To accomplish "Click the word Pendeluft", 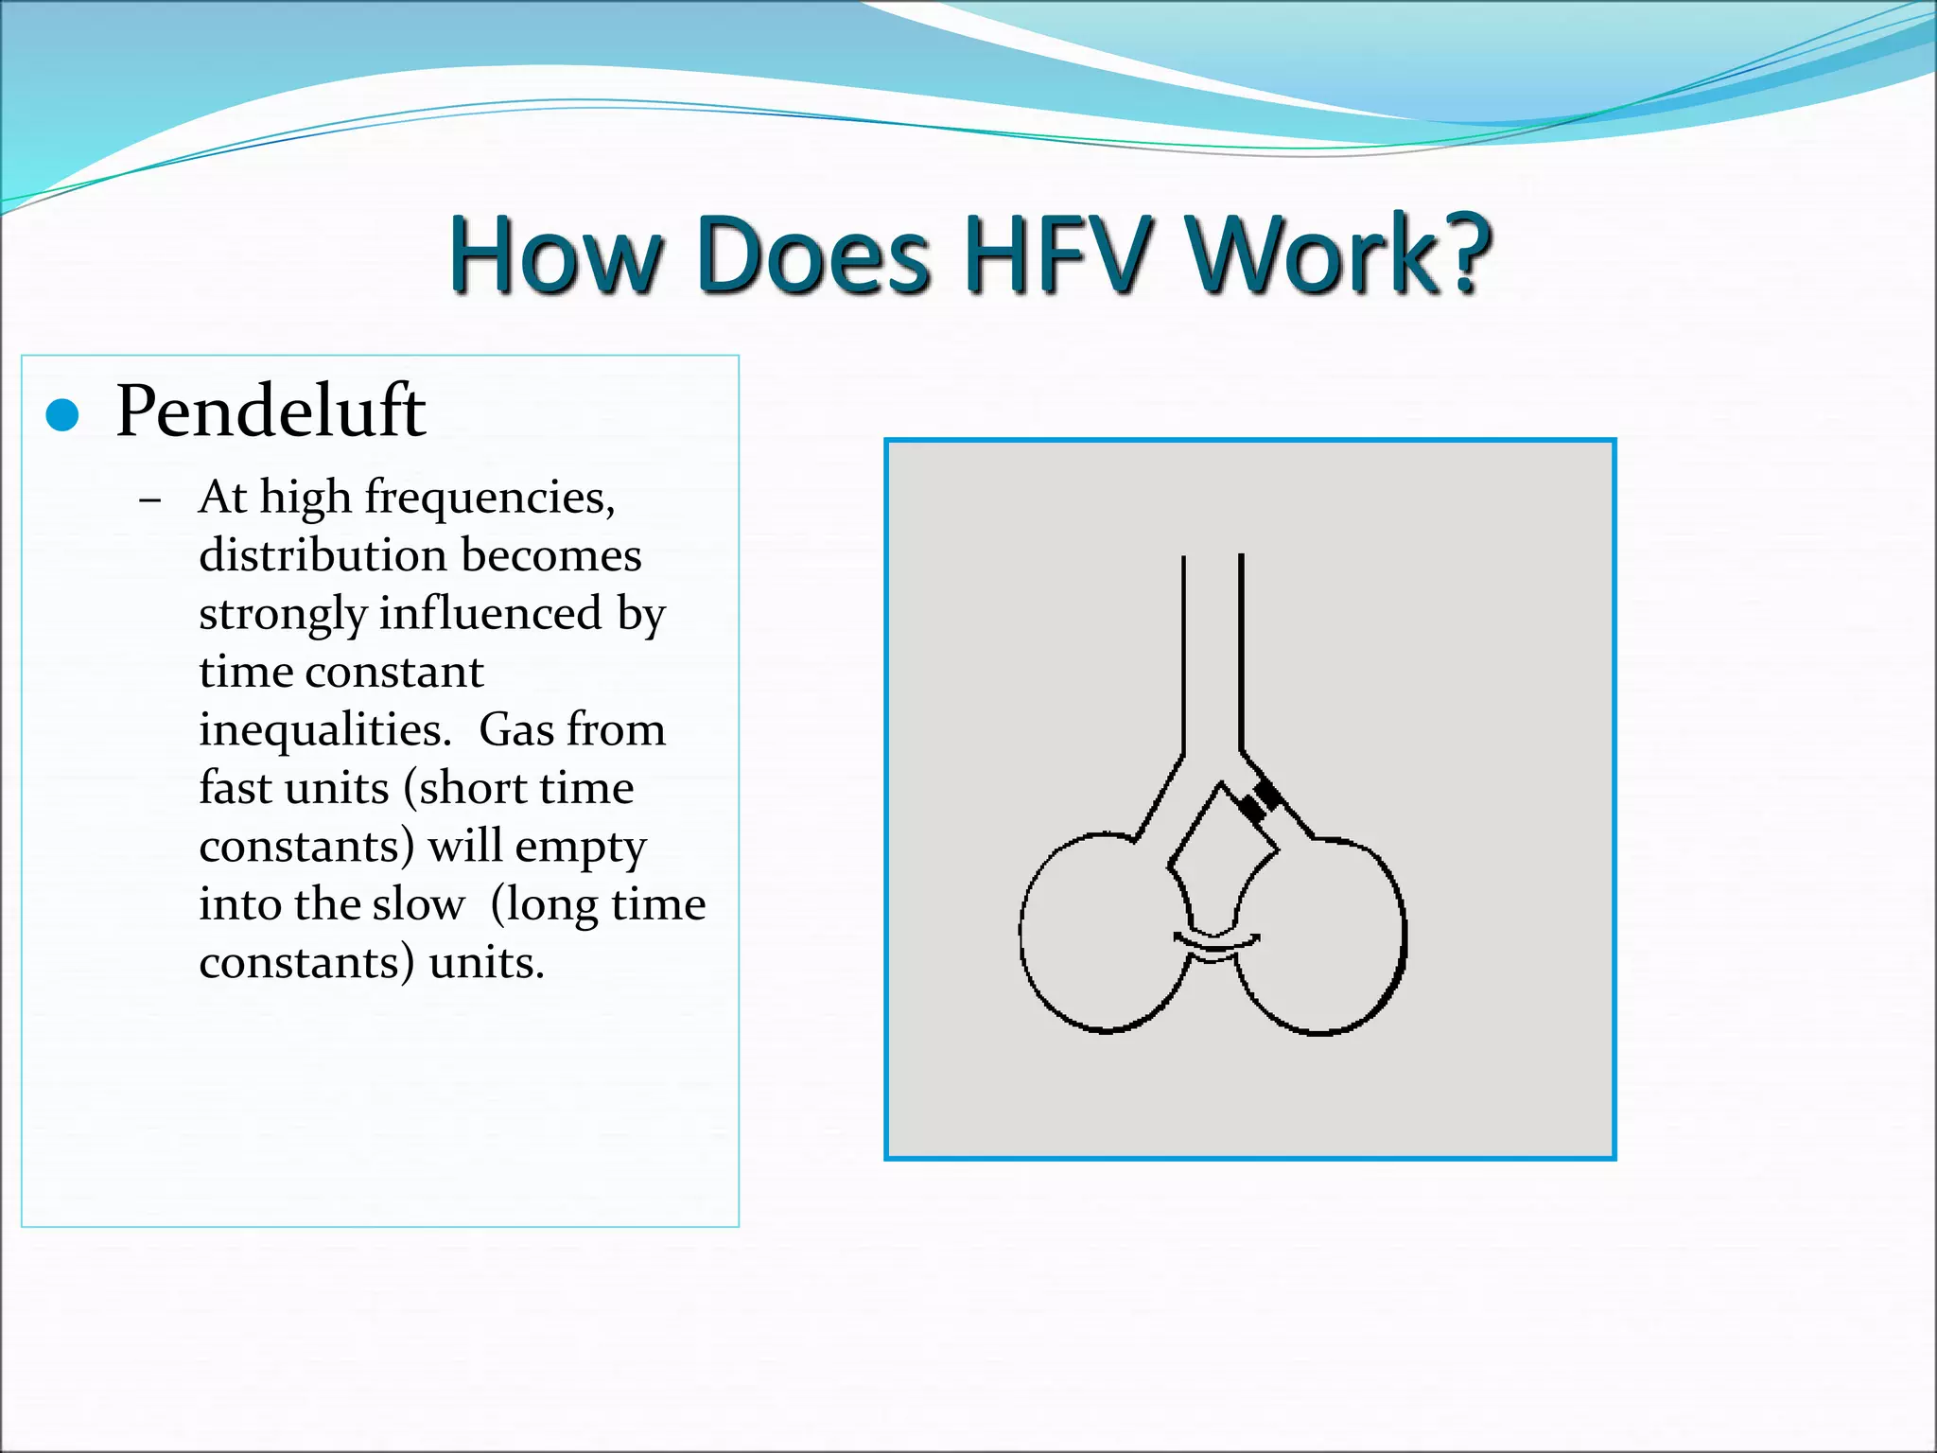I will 270,411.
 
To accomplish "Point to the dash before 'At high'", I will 149,500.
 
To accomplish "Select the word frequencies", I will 489,499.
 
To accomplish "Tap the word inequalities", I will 324,730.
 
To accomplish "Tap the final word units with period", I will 486,963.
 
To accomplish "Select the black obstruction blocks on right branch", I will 1261,801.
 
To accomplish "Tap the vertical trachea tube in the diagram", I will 1212,653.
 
